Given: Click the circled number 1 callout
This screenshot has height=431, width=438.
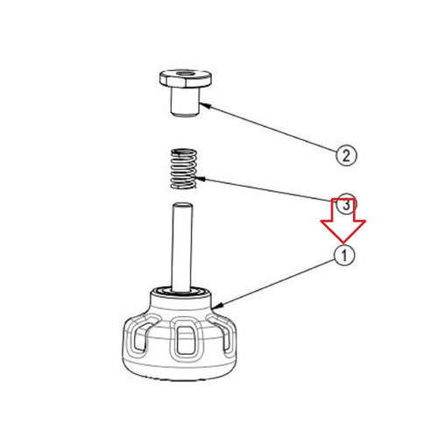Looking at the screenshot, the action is pyautogui.click(x=344, y=256).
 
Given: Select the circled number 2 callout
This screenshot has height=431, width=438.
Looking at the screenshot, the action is pyautogui.click(x=346, y=156).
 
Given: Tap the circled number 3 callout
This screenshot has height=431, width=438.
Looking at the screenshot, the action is pyautogui.click(x=346, y=204).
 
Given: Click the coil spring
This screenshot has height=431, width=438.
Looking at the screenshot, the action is pyautogui.click(x=183, y=169).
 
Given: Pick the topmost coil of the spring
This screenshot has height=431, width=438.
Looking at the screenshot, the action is pyautogui.click(x=183, y=152).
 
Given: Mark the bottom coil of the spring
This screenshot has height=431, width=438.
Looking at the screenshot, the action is pyautogui.click(x=183, y=185).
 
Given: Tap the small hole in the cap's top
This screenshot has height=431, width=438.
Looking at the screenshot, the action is pyautogui.click(x=186, y=74).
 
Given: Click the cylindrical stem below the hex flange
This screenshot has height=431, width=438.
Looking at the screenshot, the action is pyautogui.click(x=185, y=102).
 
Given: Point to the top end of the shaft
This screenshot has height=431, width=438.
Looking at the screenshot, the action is pyautogui.click(x=182, y=206).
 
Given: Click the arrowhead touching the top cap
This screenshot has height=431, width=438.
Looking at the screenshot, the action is pyautogui.click(x=204, y=105).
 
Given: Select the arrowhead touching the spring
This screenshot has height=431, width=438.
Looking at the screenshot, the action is pyautogui.click(x=200, y=178).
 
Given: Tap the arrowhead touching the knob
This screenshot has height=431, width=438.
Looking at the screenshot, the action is pyautogui.click(x=217, y=306).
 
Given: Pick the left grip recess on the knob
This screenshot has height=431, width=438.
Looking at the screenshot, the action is pyautogui.click(x=143, y=336).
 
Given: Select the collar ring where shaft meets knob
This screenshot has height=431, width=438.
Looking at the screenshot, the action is pyautogui.click(x=181, y=292).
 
